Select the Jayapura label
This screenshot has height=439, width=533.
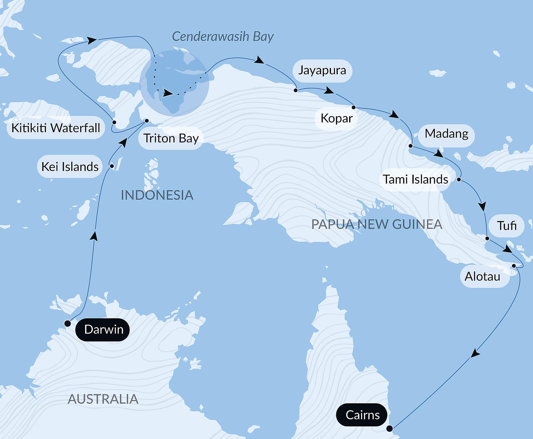point(322,71)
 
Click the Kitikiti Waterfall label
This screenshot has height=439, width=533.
point(56,128)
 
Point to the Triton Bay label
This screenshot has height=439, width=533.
point(171,138)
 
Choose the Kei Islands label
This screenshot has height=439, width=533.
point(70,167)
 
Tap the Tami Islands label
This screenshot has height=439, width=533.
point(415,179)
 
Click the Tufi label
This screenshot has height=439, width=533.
point(506,226)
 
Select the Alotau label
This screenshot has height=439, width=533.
point(482,276)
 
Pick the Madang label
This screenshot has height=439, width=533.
point(446,134)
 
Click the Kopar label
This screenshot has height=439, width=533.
point(336,118)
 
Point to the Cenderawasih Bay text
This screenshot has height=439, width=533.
point(222,36)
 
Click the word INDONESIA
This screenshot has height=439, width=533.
point(157,195)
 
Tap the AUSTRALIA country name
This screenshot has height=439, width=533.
point(103,399)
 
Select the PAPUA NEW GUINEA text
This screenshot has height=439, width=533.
point(377,224)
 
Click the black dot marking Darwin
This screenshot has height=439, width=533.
point(67,323)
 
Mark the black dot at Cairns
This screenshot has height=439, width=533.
point(390,429)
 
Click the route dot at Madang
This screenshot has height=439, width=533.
point(411,146)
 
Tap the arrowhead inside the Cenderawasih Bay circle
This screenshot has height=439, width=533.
point(167,93)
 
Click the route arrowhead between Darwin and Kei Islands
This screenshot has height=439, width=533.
point(94,236)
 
